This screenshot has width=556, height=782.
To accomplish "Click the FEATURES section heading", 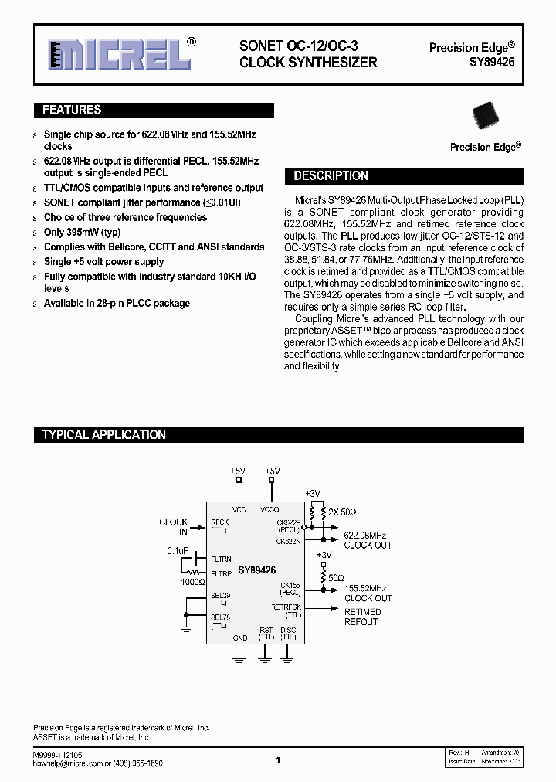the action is [x=71, y=110].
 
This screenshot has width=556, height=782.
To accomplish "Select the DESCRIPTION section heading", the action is [x=331, y=176].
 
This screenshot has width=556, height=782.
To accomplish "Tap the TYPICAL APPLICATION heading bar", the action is [x=103, y=434].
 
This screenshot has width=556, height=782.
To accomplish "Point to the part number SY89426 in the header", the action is [x=493, y=62].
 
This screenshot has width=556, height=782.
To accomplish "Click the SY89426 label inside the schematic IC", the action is [x=256, y=570].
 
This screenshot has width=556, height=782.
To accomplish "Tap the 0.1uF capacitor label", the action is [x=178, y=551].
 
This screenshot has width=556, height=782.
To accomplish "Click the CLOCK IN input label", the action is [x=173, y=527].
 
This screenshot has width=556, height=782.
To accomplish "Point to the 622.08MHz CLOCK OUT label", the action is [x=366, y=540].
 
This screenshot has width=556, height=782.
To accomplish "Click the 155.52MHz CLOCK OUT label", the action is [x=368, y=593].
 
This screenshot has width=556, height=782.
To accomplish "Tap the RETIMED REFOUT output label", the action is [x=362, y=617].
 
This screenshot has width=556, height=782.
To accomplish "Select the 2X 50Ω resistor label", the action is [x=342, y=512].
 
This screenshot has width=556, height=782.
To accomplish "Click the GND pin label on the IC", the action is [x=240, y=637].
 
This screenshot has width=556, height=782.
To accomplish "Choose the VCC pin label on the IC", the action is [x=239, y=510].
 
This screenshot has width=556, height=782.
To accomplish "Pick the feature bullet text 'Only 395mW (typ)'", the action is [x=82, y=232].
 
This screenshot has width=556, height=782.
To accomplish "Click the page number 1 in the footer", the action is [x=278, y=760].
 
